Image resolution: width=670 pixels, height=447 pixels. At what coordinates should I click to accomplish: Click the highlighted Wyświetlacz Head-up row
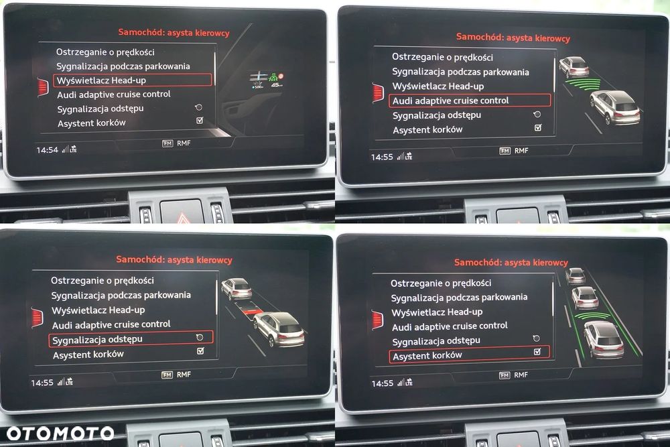click(132, 80)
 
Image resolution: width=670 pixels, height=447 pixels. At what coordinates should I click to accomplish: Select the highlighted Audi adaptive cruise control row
click(469, 101)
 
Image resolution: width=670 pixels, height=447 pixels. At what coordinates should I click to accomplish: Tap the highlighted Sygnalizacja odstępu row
click(131, 339)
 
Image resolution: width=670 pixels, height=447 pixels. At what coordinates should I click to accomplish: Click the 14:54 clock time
click(47, 150)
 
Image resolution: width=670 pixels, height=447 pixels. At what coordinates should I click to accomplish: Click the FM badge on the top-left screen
click(167, 143)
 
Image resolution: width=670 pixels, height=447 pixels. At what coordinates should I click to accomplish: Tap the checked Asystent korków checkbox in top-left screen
click(199, 121)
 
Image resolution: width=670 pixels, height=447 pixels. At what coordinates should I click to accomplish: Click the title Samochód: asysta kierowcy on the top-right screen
click(513, 38)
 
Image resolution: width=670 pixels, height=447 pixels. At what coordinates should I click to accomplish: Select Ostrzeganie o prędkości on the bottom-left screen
click(103, 280)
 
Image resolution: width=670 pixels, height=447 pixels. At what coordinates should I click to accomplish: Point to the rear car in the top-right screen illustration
click(615, 107)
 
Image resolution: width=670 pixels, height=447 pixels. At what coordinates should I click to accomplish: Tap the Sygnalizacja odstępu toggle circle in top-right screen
click(537, 115)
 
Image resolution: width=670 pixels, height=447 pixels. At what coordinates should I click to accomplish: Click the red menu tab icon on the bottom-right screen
click(377, 319)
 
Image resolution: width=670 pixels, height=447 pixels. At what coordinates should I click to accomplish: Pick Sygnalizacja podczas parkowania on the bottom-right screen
click(458, 298)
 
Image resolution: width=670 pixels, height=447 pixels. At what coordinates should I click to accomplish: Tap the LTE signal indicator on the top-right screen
click(405, 157)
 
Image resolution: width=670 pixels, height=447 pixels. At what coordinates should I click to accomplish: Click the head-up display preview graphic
click(267, 80)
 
